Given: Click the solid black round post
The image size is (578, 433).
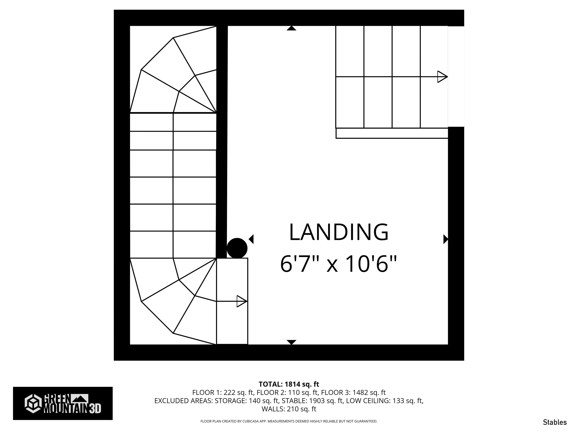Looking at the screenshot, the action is click(x=237, y=248).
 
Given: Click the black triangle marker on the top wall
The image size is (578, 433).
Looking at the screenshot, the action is click(x=291, y=28).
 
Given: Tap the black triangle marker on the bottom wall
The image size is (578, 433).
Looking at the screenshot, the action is click(x=291, y=342).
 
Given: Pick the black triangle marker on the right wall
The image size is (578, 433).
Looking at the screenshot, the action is click(x=446, y=239).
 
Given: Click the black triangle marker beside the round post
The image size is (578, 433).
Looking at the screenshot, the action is click(x=251, y=239).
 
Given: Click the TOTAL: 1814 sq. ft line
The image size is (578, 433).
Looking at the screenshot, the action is click(x=289, y=384).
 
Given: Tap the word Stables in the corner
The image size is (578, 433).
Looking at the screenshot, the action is click(x=555, y=422).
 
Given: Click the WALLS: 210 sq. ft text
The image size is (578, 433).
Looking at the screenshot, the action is click(x=289, y=409).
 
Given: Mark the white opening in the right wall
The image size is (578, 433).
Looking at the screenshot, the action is click(x=456, y=76).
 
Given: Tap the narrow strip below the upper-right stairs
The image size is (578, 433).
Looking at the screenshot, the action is click(x=392, y=133).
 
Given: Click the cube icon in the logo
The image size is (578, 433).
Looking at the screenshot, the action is click(x=33, y=403).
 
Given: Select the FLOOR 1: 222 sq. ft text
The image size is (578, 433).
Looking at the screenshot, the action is click(x=223, y=392).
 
